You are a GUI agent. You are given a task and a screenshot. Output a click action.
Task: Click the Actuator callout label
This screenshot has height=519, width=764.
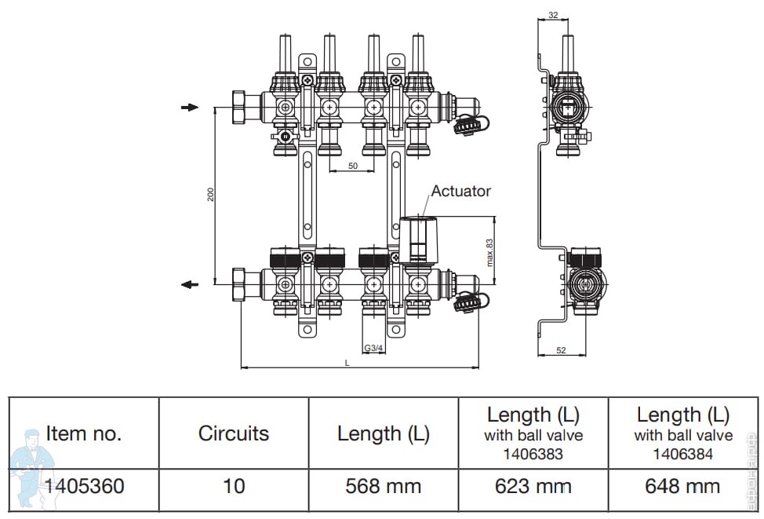point(460,191)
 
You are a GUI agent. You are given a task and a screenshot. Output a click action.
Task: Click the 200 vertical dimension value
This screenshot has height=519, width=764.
point(210,195)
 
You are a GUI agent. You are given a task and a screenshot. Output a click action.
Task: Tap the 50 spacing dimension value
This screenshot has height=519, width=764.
point(353,166)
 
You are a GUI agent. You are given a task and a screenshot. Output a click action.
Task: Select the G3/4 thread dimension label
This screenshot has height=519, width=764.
point(373,348)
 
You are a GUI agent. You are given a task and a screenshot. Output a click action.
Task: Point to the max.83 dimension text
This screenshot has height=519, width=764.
point(489,252)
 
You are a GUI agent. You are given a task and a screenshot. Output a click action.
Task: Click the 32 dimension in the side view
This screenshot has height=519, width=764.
point(553,15)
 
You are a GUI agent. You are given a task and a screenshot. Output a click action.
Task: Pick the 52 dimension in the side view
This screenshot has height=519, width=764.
point(561,350)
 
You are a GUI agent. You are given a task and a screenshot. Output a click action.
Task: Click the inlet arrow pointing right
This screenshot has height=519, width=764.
point(190,108)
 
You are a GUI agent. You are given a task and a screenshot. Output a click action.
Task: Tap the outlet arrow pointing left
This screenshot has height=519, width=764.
point(190,284)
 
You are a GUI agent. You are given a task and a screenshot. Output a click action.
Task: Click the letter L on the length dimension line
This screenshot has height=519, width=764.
point(347,363)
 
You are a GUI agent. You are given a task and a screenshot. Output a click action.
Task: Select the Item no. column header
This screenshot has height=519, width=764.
point(83,433)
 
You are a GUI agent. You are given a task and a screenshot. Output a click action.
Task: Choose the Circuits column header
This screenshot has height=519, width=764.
point(234,433)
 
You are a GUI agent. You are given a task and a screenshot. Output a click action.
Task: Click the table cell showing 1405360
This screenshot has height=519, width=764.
point(84,486)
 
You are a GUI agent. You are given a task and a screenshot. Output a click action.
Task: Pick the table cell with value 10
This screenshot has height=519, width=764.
point(234,486)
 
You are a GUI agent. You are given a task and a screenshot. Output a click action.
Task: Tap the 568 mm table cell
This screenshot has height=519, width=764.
point(384,486)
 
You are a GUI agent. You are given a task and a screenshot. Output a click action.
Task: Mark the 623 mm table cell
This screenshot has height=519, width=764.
point(533,486)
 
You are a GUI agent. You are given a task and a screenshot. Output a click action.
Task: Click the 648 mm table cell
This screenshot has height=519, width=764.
point(682,486)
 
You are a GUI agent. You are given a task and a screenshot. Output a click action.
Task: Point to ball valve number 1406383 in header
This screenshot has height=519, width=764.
point(533,454)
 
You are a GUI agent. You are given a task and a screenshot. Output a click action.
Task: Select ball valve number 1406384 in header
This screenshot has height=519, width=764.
point(682,454)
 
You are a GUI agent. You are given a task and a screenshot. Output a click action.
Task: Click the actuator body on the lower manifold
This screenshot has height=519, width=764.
point(419,239)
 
